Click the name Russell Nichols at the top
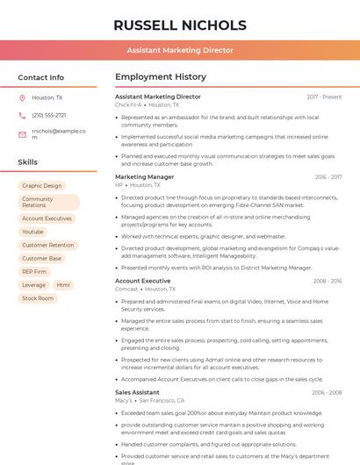pos(180,25)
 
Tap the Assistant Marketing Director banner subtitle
pos(180,50)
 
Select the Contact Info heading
pos(41,77)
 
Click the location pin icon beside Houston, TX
pos(22,97)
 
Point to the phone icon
pos(22,115)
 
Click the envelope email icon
pos(22,134)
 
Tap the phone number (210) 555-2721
pos(49,115)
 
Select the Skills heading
pos(28,162)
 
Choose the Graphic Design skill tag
pos(42,186)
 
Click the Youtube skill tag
pos(32,232)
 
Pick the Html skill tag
pos(63,285)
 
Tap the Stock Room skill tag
pos(38,298)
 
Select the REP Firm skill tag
pos(34,272)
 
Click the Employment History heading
pos(161,77)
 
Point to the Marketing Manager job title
pos(145,176)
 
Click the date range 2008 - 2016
pos(328,281)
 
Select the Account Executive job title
pos(143,281)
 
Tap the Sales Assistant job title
pos(138,392)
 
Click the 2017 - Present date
pos(324,97)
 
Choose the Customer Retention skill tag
pos(48,245)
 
